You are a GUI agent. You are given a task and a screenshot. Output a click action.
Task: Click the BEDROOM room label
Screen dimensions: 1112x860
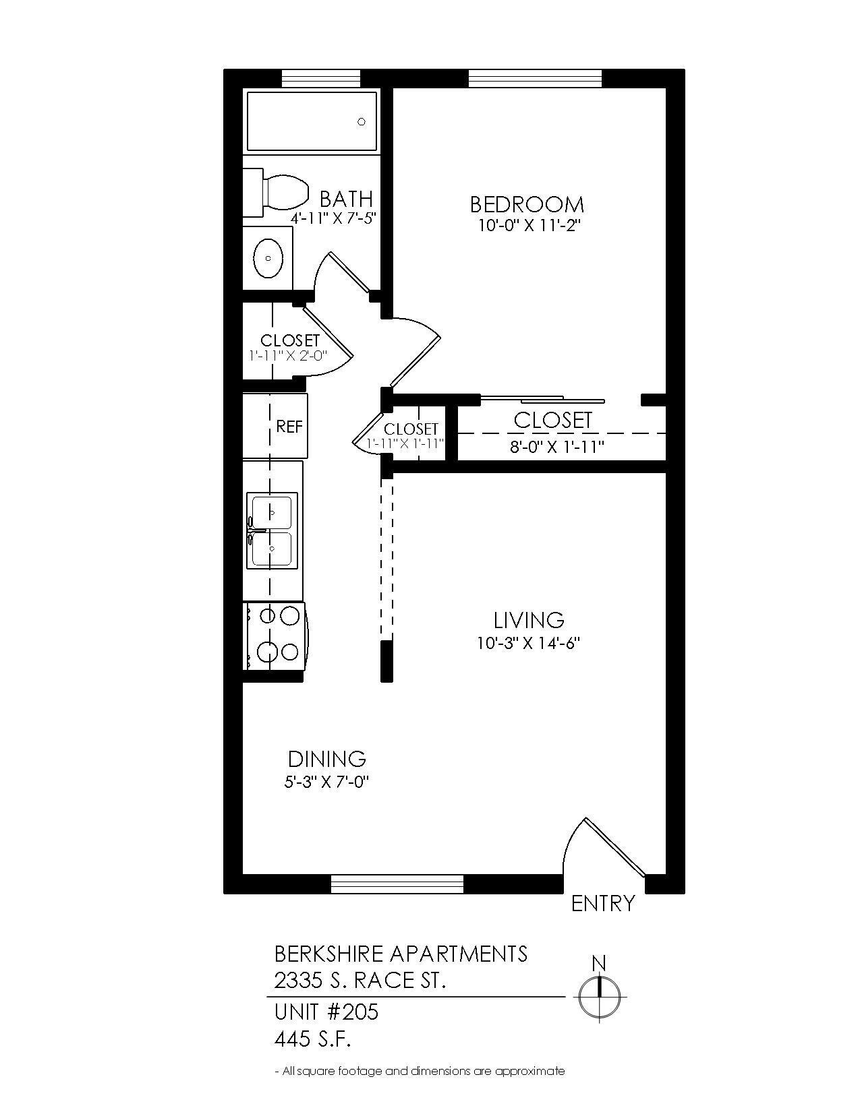pos(527,204)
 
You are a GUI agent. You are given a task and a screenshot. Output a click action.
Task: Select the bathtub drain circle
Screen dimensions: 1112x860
pos(362,122)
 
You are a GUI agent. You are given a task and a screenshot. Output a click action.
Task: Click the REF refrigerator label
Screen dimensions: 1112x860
pos(289,427)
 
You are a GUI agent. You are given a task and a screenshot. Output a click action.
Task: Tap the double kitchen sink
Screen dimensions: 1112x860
pos(271,531)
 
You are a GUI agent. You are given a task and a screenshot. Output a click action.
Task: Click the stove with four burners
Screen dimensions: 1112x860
pos(277,635)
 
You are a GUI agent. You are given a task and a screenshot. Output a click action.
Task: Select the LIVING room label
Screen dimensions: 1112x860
pos(529,620)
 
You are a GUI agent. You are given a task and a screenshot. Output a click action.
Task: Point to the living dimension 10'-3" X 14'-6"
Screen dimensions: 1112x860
pos(529,644)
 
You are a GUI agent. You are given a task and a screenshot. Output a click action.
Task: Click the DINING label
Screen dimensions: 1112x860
pos(327,760)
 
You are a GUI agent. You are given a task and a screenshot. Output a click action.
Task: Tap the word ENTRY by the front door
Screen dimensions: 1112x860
pos(602,904)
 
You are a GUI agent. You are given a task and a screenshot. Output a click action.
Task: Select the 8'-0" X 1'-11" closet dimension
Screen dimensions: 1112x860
pos(556,446)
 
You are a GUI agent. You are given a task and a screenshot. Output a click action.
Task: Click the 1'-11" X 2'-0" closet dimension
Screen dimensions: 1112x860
pos(288,355)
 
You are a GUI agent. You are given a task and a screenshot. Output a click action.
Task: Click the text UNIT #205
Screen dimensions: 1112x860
pos(326,1012)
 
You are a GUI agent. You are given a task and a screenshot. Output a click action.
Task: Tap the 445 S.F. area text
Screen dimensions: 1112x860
pos(313,1040)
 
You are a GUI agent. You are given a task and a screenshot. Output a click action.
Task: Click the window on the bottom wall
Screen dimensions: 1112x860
pos(397,884)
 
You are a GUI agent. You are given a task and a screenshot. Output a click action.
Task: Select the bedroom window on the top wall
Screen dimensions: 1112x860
pos(535,78)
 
